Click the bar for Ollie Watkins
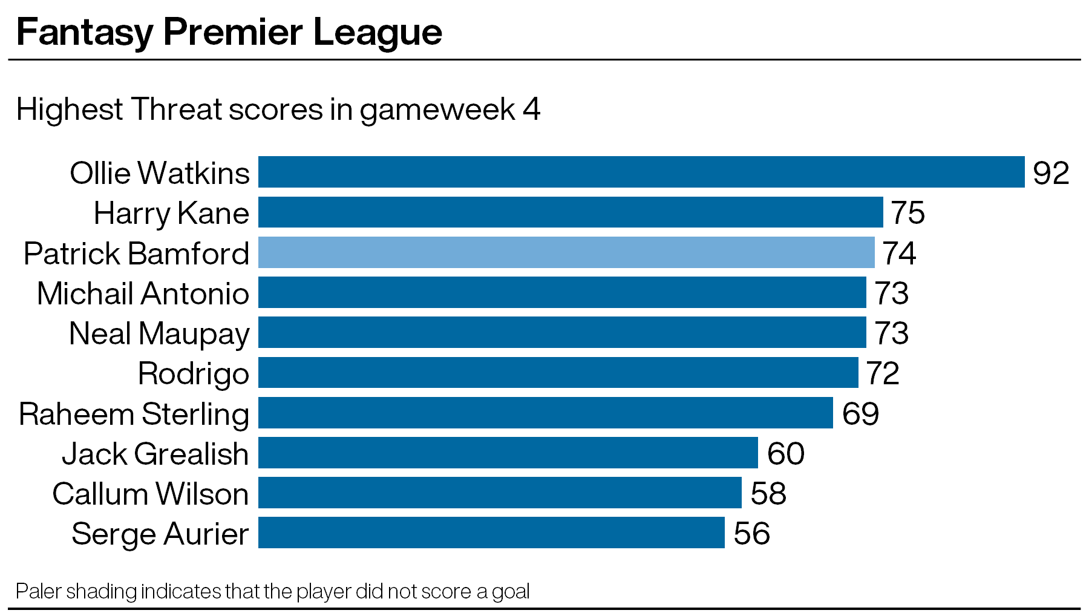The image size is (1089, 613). coord(641,172)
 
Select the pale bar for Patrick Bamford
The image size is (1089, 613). coord(566,252)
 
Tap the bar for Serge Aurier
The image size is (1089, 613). coord(491,533)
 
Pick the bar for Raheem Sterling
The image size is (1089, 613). coord(546,413)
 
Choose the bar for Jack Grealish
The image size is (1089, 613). coord(508,453)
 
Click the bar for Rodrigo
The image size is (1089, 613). coord(558,372)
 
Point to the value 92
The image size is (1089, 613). coord(1051,173)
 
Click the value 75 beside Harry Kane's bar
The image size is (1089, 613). coord(907,213)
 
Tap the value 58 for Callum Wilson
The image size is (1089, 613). coord(768,493)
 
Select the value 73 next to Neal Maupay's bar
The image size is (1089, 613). coord(891,333)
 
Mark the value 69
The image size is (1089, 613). coord(860,413)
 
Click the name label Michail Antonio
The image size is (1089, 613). coord(143,293)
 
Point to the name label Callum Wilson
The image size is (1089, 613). coord(151,494)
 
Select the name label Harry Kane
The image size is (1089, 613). coord(171,214)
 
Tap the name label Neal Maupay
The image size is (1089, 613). coord(159,334)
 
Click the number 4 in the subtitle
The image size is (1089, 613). coord(531,110)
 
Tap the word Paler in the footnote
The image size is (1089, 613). coord(38,591)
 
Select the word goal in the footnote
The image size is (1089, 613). coord(511,592)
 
